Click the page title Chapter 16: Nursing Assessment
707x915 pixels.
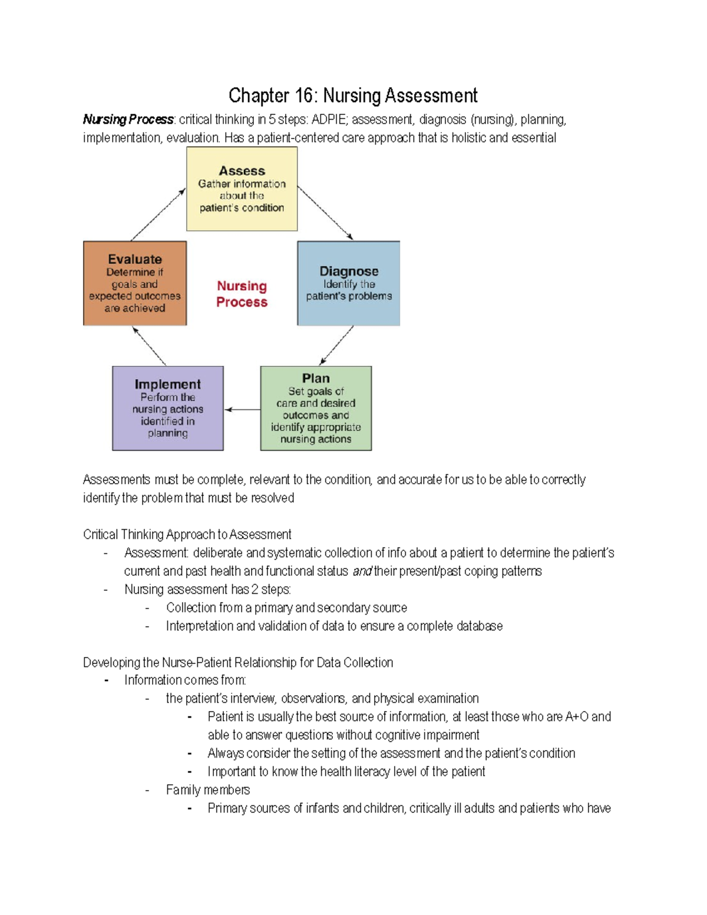(x=353, y=95)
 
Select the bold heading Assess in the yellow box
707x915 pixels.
(x=242, y=171)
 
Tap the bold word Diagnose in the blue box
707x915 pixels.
(x=349, y=271)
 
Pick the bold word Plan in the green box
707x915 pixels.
(x=316, y=378)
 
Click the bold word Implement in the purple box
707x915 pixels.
(x=167, y=384)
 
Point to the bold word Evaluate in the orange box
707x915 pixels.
(x=135, y=259)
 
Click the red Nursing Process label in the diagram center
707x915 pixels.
(x=242, y=294)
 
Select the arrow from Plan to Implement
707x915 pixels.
(x=242, y=409)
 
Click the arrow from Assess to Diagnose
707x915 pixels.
(x=325, y=213)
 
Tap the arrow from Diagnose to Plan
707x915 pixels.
(x=336, y=345)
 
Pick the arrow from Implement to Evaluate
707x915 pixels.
(x=150, y=346)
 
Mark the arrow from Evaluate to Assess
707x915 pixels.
(x=158, y=214)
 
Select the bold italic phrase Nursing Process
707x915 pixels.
(x=128, y=120)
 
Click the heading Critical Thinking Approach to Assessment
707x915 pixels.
(x=187, y=534)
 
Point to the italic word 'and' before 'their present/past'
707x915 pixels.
(x=362, y=572)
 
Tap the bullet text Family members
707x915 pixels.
(x=207, y=790)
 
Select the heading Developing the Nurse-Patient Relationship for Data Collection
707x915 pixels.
(x=237, y=662)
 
